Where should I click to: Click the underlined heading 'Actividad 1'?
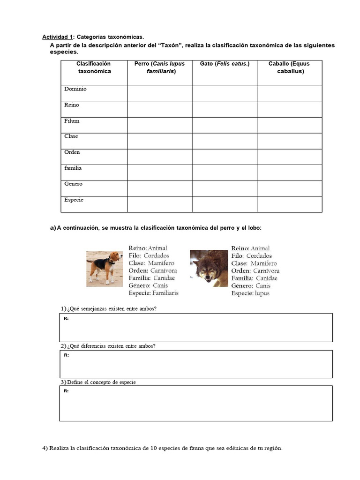pos(58,37)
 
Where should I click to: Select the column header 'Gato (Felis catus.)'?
pos(225,64)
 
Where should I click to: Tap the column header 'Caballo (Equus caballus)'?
pos(289,67)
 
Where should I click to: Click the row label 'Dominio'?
pos(75,89)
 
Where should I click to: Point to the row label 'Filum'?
pos(72,121)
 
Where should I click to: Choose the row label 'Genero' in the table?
pos(73,184)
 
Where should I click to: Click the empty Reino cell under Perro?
pos(159,110)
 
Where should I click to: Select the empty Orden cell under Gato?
pos(225,157)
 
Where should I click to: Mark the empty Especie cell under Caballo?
pos(289,204)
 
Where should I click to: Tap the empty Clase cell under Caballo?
pos(289,141)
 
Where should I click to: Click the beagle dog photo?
pos(105,268)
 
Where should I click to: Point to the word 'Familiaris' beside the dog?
pos(165,293)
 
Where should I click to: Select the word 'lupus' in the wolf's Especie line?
pos(262,293)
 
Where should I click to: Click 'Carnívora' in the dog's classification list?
pos(164,270)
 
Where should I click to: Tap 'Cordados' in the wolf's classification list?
pos(259,256)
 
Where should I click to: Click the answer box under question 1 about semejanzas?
pos(196,328)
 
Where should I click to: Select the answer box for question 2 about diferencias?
pos(196,364)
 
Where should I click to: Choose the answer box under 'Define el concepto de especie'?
pos(196,404)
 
